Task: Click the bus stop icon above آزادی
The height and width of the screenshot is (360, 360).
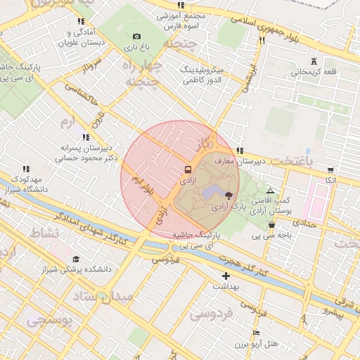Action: click(187, 169)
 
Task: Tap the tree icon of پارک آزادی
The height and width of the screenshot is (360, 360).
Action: click(229, 195)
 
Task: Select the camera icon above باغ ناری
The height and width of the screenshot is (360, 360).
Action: click(136, 36)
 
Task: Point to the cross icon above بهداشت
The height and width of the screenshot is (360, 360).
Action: click(226, 276)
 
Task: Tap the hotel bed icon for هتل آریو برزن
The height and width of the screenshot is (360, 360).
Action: click(256, 333)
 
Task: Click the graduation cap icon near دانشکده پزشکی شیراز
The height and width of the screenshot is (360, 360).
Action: click(76, 259)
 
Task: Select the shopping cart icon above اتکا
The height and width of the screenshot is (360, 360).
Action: click(330, 169)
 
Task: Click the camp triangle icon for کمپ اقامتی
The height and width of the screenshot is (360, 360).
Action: click(270, 190)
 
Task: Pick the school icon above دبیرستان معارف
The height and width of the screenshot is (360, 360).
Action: click(240, 150)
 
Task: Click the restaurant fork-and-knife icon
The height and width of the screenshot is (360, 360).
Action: click(262, 41)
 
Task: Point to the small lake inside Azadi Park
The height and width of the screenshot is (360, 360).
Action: click(211, 191)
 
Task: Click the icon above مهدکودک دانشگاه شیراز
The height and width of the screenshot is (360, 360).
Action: click(26, 169)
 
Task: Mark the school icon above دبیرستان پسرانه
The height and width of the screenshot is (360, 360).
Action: click(86, 137)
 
